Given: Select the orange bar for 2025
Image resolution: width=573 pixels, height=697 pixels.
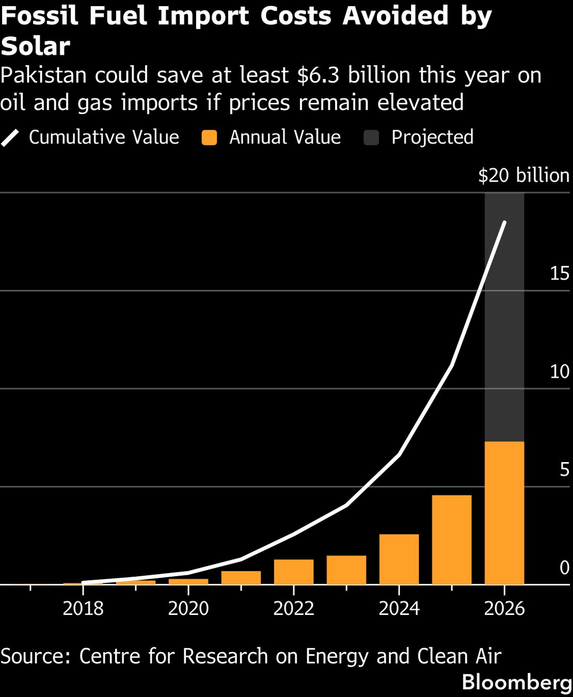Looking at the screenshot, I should (452, 540).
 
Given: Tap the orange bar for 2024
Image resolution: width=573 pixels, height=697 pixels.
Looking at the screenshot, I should (399, 559).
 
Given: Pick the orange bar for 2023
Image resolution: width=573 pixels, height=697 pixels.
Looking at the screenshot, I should (346, 570).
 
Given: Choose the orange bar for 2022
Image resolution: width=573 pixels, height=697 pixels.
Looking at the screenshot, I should (294, 572).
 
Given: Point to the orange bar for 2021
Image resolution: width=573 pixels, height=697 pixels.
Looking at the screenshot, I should (241, 578).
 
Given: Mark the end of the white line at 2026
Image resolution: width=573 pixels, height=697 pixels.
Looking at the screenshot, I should (504, 223).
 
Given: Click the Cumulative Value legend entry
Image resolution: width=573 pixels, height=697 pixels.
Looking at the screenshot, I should (90, 137).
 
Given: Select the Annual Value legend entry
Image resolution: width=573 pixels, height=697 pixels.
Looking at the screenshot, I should (272, 137).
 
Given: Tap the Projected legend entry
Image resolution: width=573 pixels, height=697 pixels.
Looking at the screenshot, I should (419, 137).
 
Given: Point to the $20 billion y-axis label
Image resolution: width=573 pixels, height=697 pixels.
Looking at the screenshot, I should (523, 176).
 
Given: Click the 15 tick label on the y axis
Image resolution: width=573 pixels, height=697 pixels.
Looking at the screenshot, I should (559, 274).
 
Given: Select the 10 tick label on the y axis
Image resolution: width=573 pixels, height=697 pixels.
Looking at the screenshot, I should (559, 372).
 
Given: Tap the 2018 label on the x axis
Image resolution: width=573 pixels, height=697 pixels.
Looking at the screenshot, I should (83, 608).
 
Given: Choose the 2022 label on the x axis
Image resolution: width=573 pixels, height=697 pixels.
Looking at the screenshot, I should (294, 608).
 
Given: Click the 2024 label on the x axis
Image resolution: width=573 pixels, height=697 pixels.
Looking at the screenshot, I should (399, 608).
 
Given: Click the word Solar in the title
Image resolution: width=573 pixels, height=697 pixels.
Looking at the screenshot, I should (35, 46).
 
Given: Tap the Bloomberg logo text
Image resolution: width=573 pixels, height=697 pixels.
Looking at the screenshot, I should (517, 682).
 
